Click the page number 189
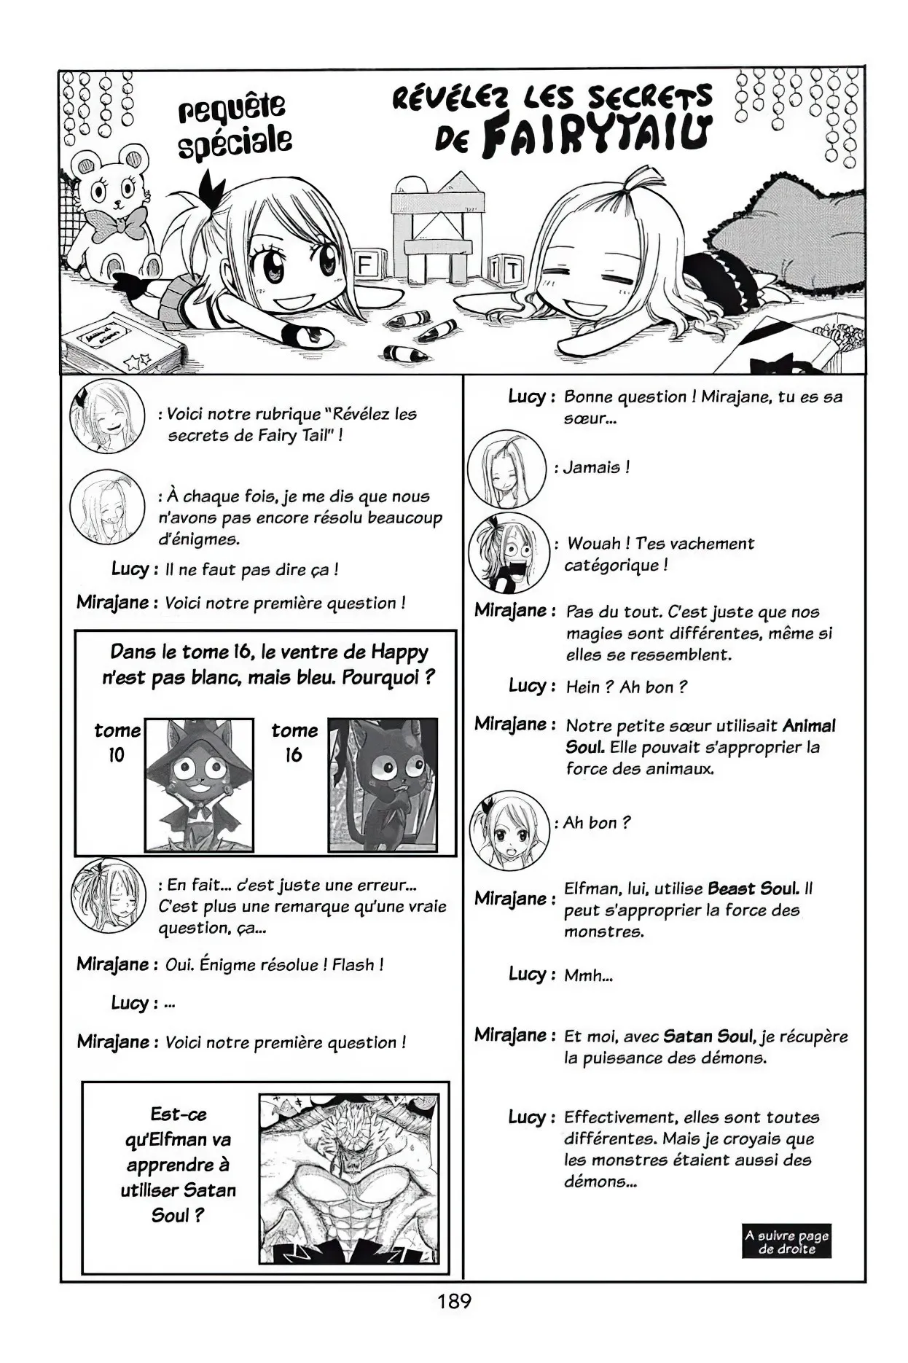coord(454,1300)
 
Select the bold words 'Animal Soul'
coord(809,726)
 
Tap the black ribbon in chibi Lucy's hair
coord(211,186)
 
